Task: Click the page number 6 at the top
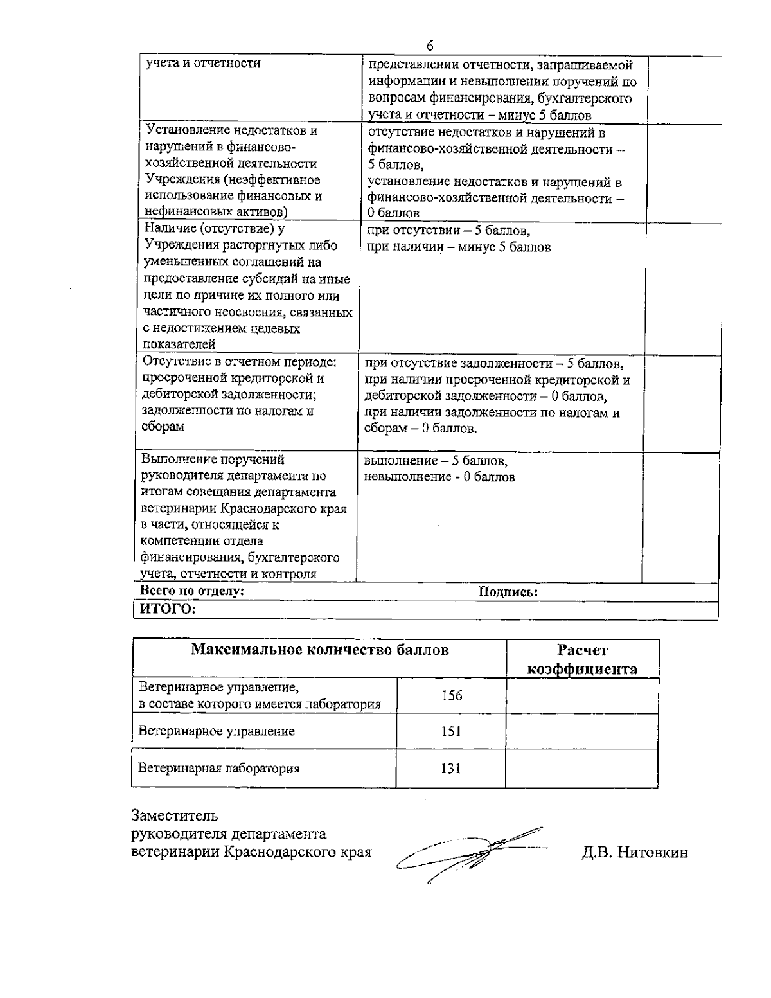(x=430, y=46)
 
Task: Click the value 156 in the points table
(x=452, y=695)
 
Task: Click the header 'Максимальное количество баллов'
(x=319, y=650)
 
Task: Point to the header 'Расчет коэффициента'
(x=582, y=660)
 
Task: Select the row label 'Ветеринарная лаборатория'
(x=219, y=768)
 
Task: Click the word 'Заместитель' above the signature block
(x=175, y=816)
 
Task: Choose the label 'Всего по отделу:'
(x=193, y=591)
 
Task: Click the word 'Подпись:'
(x=508, y=592)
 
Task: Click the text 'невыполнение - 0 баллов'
(x=439, y=477)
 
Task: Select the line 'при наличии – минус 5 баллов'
(x=458, y=247)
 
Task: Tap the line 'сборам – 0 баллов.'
(x=421, y=429)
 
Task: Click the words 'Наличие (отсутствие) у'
(x=215, y=229)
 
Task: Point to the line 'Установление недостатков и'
(x=231, y=130)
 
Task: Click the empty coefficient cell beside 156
(x=581, y=695)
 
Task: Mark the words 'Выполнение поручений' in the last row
(x=213, y=459)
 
